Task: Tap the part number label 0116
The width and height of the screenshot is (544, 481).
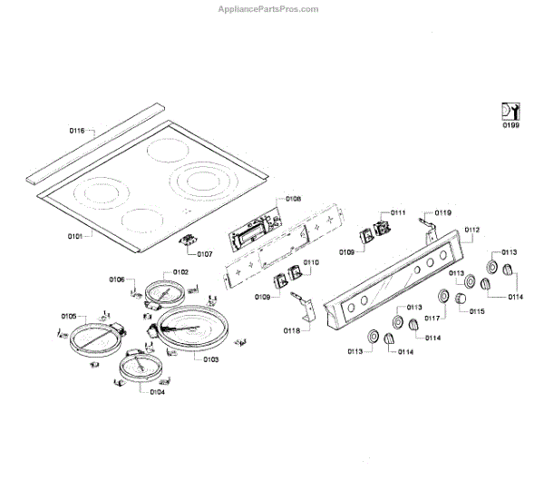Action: (77, 132)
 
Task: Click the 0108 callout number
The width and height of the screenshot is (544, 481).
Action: (293, 198)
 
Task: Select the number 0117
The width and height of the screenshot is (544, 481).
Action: (431, 319)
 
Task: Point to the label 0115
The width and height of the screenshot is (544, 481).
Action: (477, 311)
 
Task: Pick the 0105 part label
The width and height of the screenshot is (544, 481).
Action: (69, 315)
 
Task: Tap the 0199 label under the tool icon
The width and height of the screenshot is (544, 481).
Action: (511, 125)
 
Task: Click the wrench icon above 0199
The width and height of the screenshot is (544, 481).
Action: (510, 111)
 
